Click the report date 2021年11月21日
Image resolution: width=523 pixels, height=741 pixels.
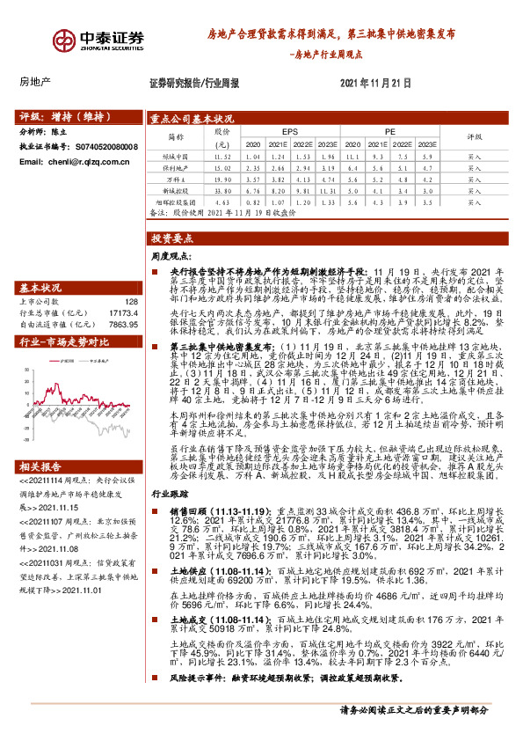[374, 83]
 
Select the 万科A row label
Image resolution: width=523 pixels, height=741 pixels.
[181, 178]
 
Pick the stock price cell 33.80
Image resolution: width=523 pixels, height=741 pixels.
[222, 189]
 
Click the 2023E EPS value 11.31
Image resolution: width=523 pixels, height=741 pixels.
[328, 189]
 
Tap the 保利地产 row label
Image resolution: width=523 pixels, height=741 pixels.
[181, 166]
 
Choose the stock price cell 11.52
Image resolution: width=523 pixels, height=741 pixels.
[222, 155]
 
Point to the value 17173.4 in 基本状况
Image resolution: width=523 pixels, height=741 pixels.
[125, 312]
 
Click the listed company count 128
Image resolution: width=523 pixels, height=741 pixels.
[132, 301]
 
